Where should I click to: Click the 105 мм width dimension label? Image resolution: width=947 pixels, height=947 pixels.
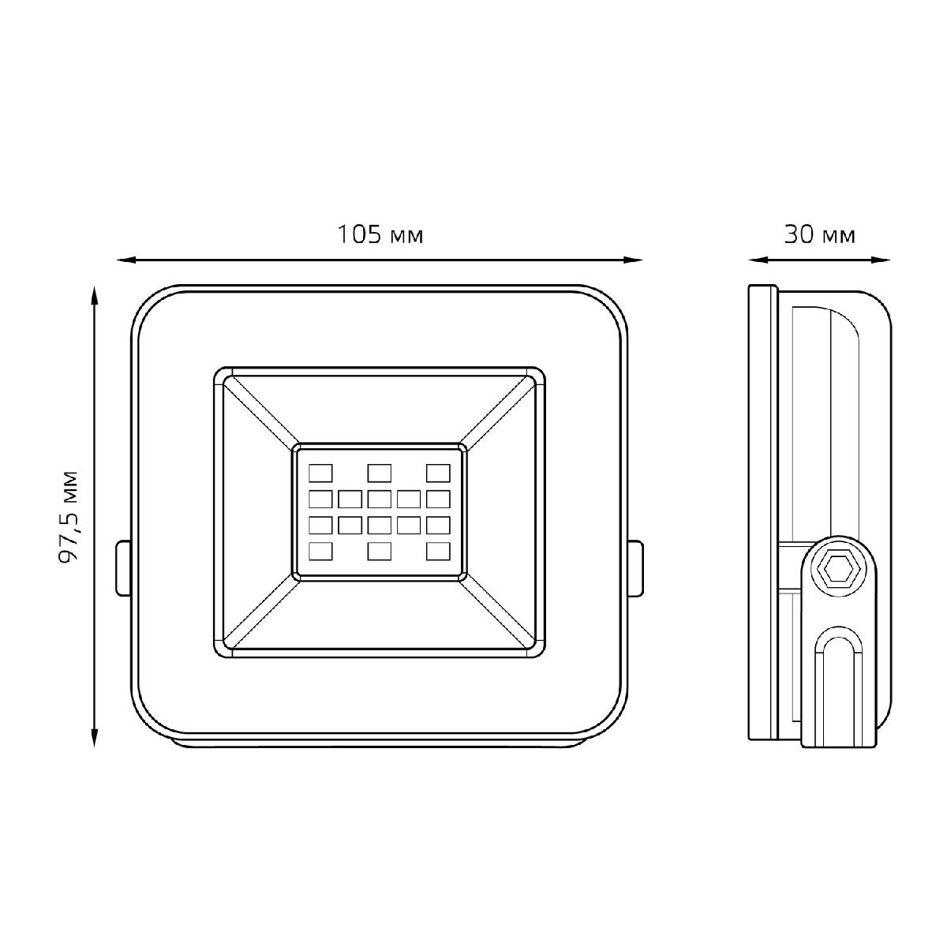[x=380, y=235]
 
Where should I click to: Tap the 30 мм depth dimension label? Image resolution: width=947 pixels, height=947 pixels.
[x=819, y=235]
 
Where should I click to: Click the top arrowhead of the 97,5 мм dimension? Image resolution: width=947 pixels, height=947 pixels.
[x=95, y=295]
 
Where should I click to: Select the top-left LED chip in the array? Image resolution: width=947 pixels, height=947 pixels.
[x=320, y=473]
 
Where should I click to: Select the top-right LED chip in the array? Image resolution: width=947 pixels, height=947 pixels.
[x=437, y=473]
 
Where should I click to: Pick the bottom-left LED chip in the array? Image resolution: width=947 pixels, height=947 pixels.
[x=320, y=551]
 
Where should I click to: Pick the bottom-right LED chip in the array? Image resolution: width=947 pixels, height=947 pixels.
[x=437, y=551]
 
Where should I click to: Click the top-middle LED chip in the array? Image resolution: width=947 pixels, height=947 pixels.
[x=379, y=473]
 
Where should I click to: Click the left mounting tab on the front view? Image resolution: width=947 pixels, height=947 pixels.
[x=122, y=567]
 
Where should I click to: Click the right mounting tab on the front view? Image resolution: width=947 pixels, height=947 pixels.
[x=635, y=567]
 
